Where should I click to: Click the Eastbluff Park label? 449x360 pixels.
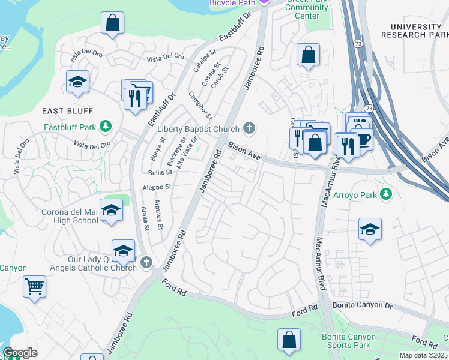click(70, 127)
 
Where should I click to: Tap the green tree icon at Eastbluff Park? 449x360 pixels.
click(106, 126)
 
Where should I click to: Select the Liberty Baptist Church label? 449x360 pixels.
click(199, 129)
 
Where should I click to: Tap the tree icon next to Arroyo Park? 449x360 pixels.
click(387, 194)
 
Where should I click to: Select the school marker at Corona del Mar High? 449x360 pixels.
click(112, 210)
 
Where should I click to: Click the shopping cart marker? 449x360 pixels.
click(35, 286)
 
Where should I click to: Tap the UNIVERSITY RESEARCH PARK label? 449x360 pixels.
click(415, 31)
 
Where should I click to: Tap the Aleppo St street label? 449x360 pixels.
click(157, 187)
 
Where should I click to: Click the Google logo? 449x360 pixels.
click(20, 353)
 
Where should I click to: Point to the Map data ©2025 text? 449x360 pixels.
click(423, 355)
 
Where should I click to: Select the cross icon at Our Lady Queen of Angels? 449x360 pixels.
click(146, 263)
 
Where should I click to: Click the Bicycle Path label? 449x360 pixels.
click(232, 3)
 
